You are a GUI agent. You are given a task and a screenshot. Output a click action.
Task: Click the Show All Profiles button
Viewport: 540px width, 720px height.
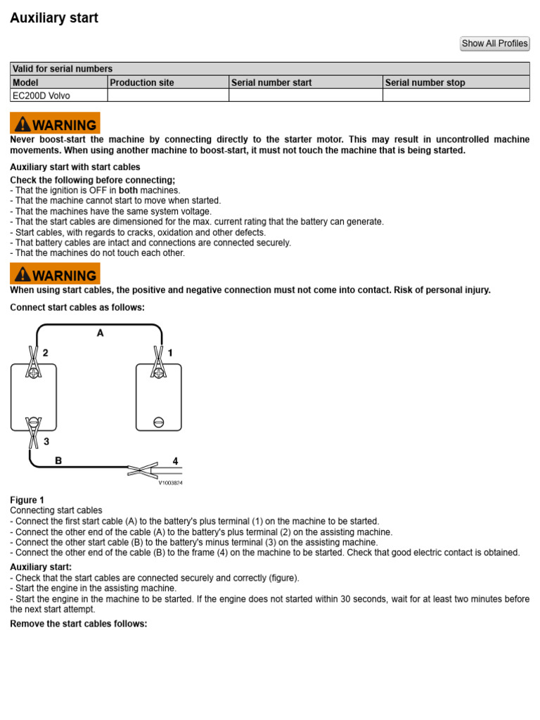tap(494, 44)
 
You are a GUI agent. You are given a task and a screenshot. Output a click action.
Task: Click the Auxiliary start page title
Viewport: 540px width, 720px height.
tap(54, 18)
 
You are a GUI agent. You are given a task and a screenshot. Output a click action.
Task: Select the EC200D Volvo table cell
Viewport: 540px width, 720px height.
tap(41, 96)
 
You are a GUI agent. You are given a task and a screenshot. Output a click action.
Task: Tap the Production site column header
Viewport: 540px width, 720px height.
tap(142, 82)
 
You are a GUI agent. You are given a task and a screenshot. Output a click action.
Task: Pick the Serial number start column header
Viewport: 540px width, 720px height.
tap(271, 82)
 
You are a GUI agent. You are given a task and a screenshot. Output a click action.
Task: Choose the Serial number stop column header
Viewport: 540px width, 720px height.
tap(425, 82)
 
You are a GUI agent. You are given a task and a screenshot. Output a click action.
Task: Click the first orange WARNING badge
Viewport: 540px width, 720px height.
tap(55, 123)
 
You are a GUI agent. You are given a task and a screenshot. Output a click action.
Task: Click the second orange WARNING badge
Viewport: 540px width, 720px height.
tap(55, 274)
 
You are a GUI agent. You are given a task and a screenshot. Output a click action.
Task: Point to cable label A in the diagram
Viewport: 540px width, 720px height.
tap(101, 334)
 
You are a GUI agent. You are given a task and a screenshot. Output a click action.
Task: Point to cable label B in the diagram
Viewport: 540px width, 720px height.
tap(58, 461)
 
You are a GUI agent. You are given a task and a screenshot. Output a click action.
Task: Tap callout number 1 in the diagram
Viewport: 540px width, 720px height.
tap(170, 353)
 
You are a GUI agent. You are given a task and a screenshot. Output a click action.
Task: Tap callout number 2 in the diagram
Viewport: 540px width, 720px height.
tap(46, 353)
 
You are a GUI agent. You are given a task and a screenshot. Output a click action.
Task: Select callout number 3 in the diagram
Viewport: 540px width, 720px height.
tap(46, 442)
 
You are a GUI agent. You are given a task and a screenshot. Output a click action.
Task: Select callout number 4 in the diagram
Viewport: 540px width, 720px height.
tap(175, 461)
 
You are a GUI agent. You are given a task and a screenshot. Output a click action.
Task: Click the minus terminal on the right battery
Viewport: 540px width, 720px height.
tap(158, 423)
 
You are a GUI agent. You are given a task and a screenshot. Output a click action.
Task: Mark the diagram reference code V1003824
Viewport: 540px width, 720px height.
tap(169, 482)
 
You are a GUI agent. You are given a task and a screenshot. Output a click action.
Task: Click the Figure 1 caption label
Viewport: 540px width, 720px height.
tap(27, 500)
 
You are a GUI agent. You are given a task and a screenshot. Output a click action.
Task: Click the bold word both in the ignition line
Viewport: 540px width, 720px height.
tap(129, 190)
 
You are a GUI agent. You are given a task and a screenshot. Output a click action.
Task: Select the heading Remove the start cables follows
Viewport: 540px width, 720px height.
tap(79, 624)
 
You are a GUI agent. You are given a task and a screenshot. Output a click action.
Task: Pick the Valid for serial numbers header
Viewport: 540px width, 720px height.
tap(63, 69)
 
